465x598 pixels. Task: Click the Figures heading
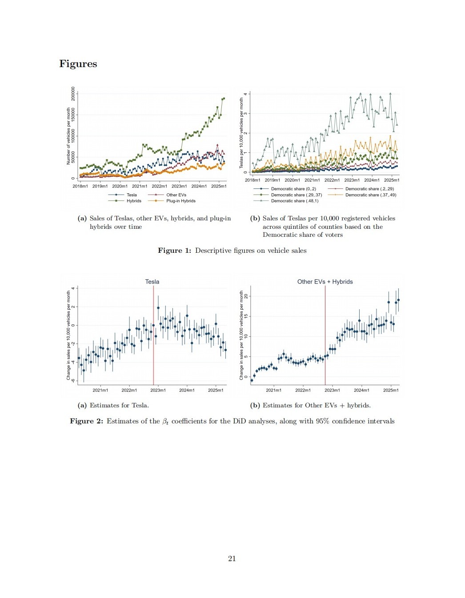pyautogui.click(x=78, y=64)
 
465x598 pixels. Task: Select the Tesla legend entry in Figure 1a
pyautogui.click(x=132, y=195)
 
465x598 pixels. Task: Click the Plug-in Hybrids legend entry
pyautogui.click(x=180, y=201)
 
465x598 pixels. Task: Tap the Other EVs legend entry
pyautogui.click(x=176, y=195)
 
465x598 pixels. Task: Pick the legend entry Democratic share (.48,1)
pyautogui.click(x=294, y=201)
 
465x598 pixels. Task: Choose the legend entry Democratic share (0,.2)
pyautogui.click(x=293, y=189)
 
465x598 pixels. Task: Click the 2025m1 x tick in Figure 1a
pyautogui.click(x=219, y=186)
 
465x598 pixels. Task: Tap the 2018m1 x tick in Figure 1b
pyautogui.click(x=253, y=180)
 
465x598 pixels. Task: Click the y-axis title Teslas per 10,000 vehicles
pyautogui.click(x=241, y=133)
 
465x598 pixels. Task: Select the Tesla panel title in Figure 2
pyautogui.click(x=152, y=282)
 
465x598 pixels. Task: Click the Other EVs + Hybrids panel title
pyautogui.click(x=325, y=282)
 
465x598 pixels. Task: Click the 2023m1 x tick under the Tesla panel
pyautogui.click(x=158, y=390)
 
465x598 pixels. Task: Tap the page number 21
pyautogui.click(x=232, y=558)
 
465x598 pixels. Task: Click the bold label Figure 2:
pyautogui.click(x=87, y=421)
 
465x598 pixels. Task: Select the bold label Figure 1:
pyautogui.click(x=175, y=251)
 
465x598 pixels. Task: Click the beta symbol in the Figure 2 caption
pyautogui.click(x=165, y=422)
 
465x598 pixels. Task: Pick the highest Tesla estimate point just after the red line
pyautogui.click(x=158, y=307)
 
